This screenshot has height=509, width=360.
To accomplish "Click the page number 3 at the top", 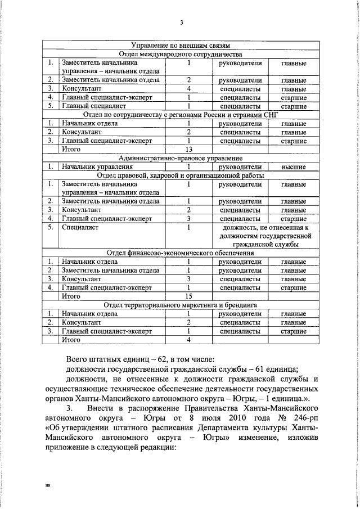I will point(181,22).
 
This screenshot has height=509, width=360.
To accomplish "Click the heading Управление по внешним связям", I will point(181,46).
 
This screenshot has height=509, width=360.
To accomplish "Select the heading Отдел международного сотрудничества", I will point(181,55).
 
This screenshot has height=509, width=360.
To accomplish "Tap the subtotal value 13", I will point(189,150).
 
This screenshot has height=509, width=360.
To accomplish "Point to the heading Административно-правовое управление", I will point(181,159).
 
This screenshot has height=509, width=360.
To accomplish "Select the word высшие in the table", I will point(293,167).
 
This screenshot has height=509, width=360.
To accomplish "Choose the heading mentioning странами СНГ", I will point(181,115).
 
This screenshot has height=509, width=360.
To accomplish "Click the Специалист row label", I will point(80,227).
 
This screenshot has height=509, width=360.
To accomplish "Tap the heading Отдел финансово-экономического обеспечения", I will point(181,253).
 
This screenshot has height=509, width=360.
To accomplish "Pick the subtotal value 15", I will point(189,296).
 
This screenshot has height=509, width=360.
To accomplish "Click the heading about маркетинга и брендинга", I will point(181,305).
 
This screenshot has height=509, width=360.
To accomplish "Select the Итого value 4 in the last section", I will point(189,340).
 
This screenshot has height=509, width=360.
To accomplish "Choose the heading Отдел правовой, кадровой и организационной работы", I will point(181,175).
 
